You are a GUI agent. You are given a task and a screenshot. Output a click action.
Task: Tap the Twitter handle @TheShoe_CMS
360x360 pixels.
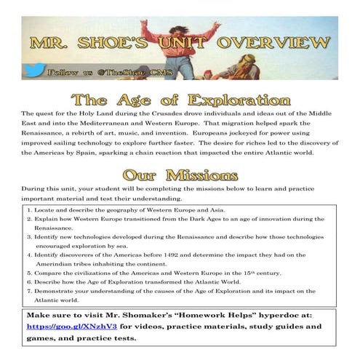[108, 73]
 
